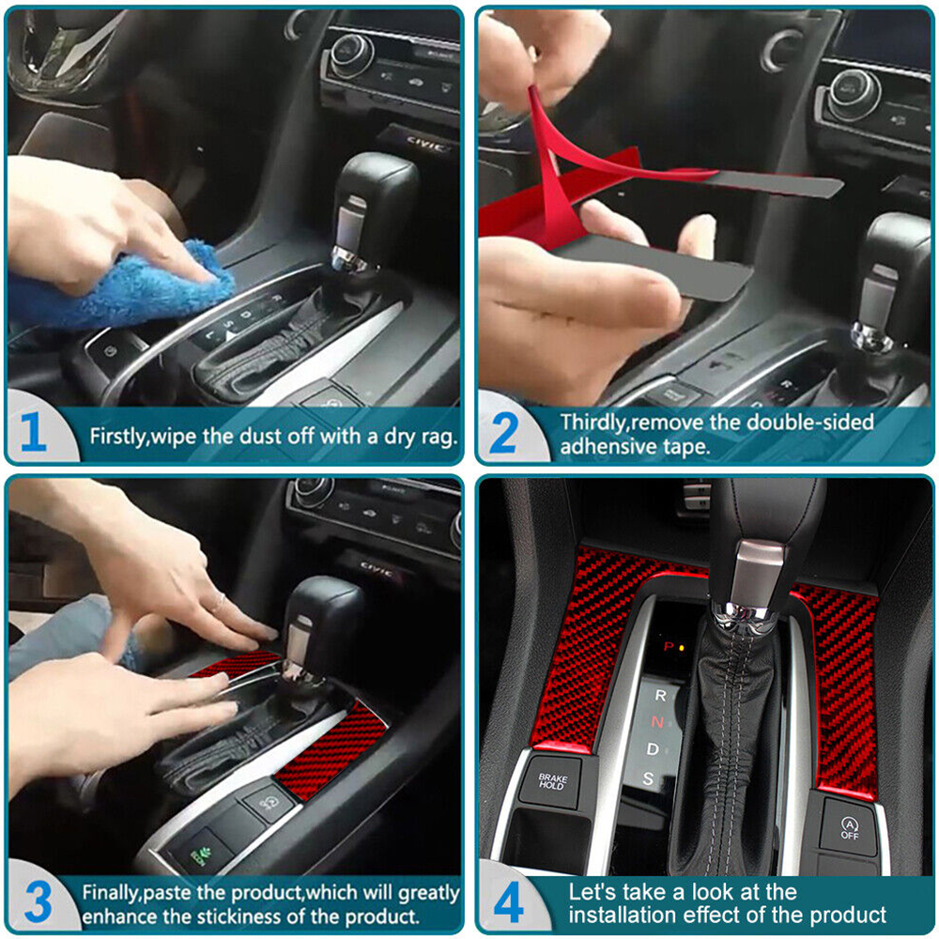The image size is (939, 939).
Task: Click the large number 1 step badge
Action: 33,431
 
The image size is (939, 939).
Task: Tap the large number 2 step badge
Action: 503,433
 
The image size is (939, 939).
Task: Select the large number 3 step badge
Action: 38,901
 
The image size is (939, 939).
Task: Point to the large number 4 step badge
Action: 508,902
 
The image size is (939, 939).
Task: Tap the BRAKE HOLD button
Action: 552,781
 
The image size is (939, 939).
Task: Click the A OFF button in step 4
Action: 849,827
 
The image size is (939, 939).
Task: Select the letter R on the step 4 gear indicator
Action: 660,695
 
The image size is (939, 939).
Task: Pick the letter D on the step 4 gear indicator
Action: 653,749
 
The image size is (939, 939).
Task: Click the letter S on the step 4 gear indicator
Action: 648,778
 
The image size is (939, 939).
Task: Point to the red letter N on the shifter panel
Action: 657,722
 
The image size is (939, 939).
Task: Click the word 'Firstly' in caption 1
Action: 117,437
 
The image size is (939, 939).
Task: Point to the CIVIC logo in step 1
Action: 425,145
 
